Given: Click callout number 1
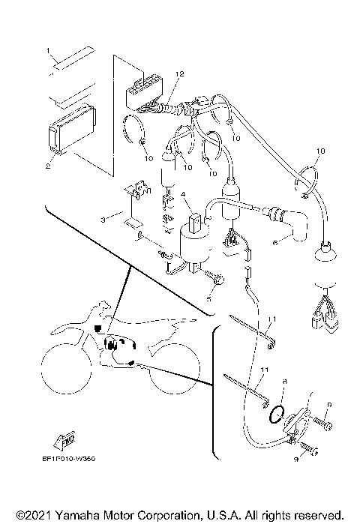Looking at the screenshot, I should (x=49, y=51).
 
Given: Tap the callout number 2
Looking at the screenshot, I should (x=48, y=166).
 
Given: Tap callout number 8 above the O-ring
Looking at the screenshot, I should (x=284, y=382).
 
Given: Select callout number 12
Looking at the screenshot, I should (x=179, y=73).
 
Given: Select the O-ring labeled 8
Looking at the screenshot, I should (x=277, y=411).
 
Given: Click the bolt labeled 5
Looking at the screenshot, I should (x=212, y=282).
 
